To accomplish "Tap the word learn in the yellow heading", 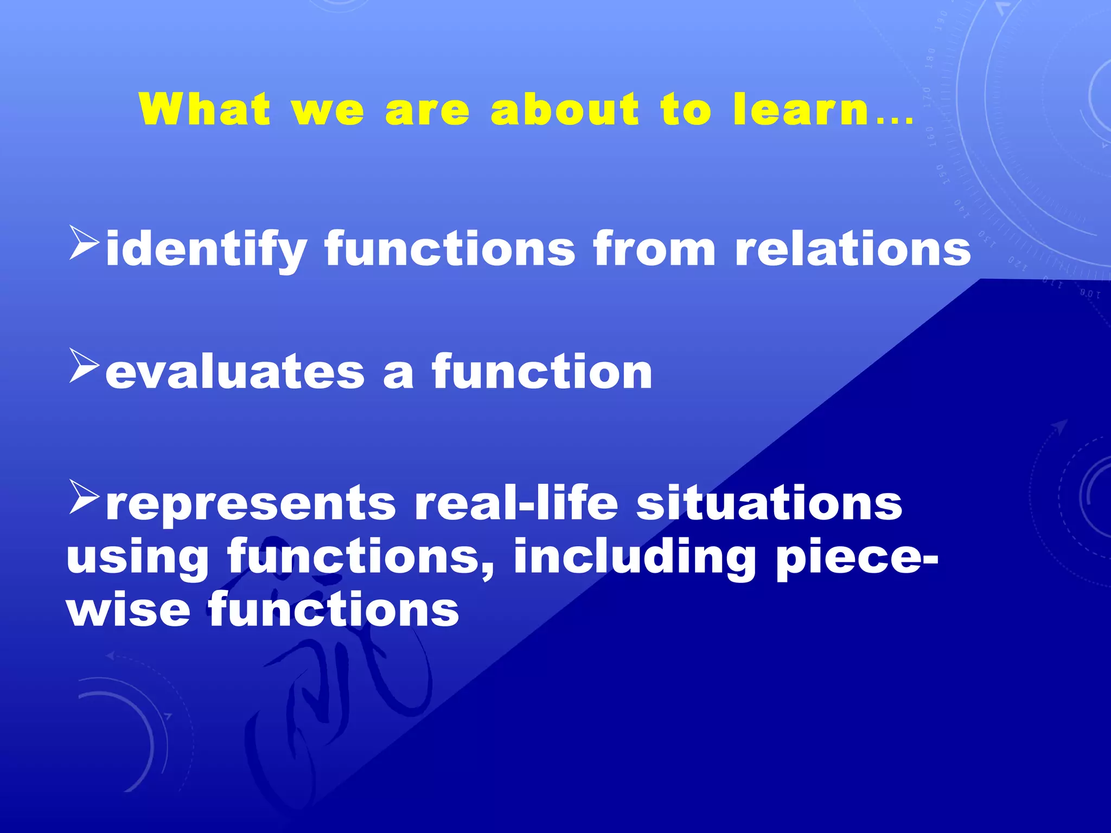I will (x=801, y=109).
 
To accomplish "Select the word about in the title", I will (x=565, y=109).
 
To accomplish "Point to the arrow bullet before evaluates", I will (x=84, y=366).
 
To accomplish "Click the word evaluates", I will (x=234, y=373).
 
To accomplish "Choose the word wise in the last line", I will (x=128, y=610).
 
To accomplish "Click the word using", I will (x=137, y=559).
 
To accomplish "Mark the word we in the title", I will (x=328, y=110).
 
